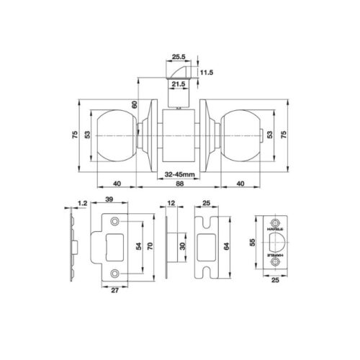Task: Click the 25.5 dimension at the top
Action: [x=179, y=57]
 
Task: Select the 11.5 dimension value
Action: [x=207, y=72]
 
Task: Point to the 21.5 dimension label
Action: [x=179, y=84]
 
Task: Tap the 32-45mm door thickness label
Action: [x=179, y=174]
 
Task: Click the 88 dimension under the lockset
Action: [x=179, y=184]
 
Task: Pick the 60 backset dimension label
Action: [x=135, y=104]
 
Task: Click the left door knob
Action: [x=117, y=136]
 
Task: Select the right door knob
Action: [x=240, y=136]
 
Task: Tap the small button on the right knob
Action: [x=262, y=136]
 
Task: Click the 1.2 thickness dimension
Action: [x=82, y=203]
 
